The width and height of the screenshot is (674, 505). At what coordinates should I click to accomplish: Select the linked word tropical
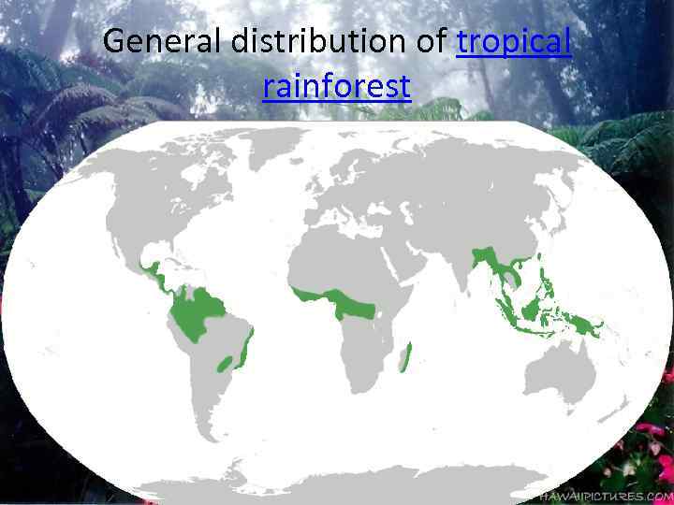point(514,42)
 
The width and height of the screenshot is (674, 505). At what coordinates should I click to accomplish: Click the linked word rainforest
point(337,86)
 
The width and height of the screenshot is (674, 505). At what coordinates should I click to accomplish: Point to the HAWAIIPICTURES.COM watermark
point(609,497)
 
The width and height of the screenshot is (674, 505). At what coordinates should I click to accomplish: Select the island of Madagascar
point(405,356)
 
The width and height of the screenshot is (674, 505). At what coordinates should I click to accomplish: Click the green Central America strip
point(154,272)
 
